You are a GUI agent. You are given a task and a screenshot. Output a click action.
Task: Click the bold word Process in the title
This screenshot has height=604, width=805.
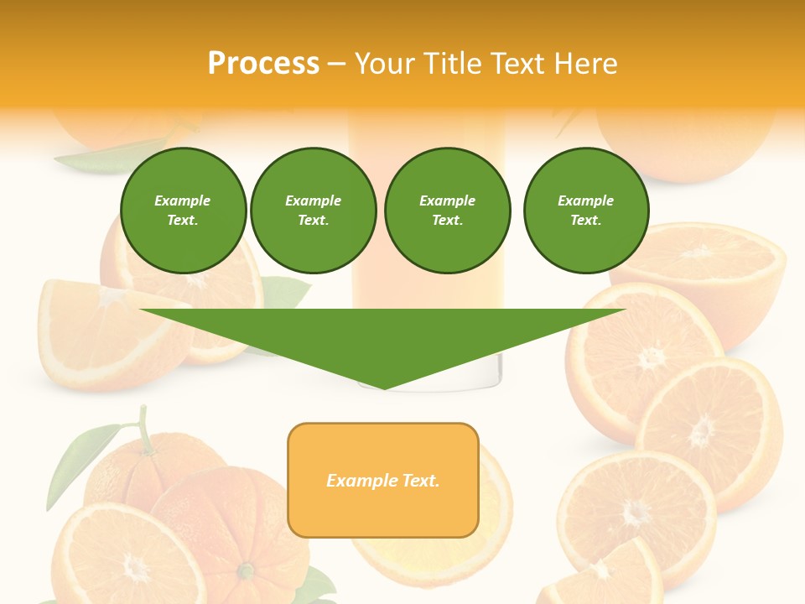click(263, 64)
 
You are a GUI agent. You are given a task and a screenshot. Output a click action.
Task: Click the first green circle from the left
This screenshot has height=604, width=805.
click(183, 210)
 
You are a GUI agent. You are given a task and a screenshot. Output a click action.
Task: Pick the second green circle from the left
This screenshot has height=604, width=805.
click(313, 210)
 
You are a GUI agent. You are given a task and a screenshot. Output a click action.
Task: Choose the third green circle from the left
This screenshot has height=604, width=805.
click(447, 210)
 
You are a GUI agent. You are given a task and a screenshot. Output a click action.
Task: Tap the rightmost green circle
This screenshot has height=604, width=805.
click(585, 210)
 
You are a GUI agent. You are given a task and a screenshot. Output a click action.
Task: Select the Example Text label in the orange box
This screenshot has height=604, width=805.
click(382, 481)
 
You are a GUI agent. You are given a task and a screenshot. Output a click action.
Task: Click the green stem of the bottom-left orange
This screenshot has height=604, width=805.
click(145, 428)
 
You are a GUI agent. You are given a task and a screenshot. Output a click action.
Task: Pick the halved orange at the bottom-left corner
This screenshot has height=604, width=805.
click(126, 558)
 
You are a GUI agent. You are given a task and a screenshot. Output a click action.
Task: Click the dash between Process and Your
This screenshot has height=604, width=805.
click(336, 64)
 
